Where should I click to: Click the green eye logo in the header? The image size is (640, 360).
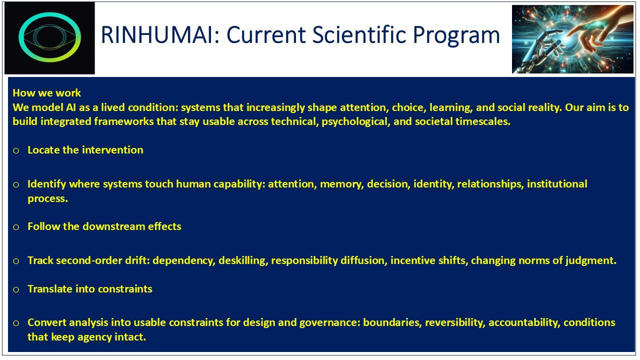(x=49, y=37)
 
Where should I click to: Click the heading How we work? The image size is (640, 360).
(x=46, y=92)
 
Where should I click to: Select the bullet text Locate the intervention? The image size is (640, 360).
(x=85, y=150)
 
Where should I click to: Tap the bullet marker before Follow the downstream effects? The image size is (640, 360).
(x=16, y=227)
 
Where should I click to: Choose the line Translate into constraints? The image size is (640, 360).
(x=89, y=289)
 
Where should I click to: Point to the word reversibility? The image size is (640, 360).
(x=454, y=322)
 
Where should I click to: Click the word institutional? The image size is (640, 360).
(x=556, y=184)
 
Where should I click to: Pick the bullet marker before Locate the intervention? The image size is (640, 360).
(x=16, y=150)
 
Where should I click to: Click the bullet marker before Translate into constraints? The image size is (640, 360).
(x=16, y=289)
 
